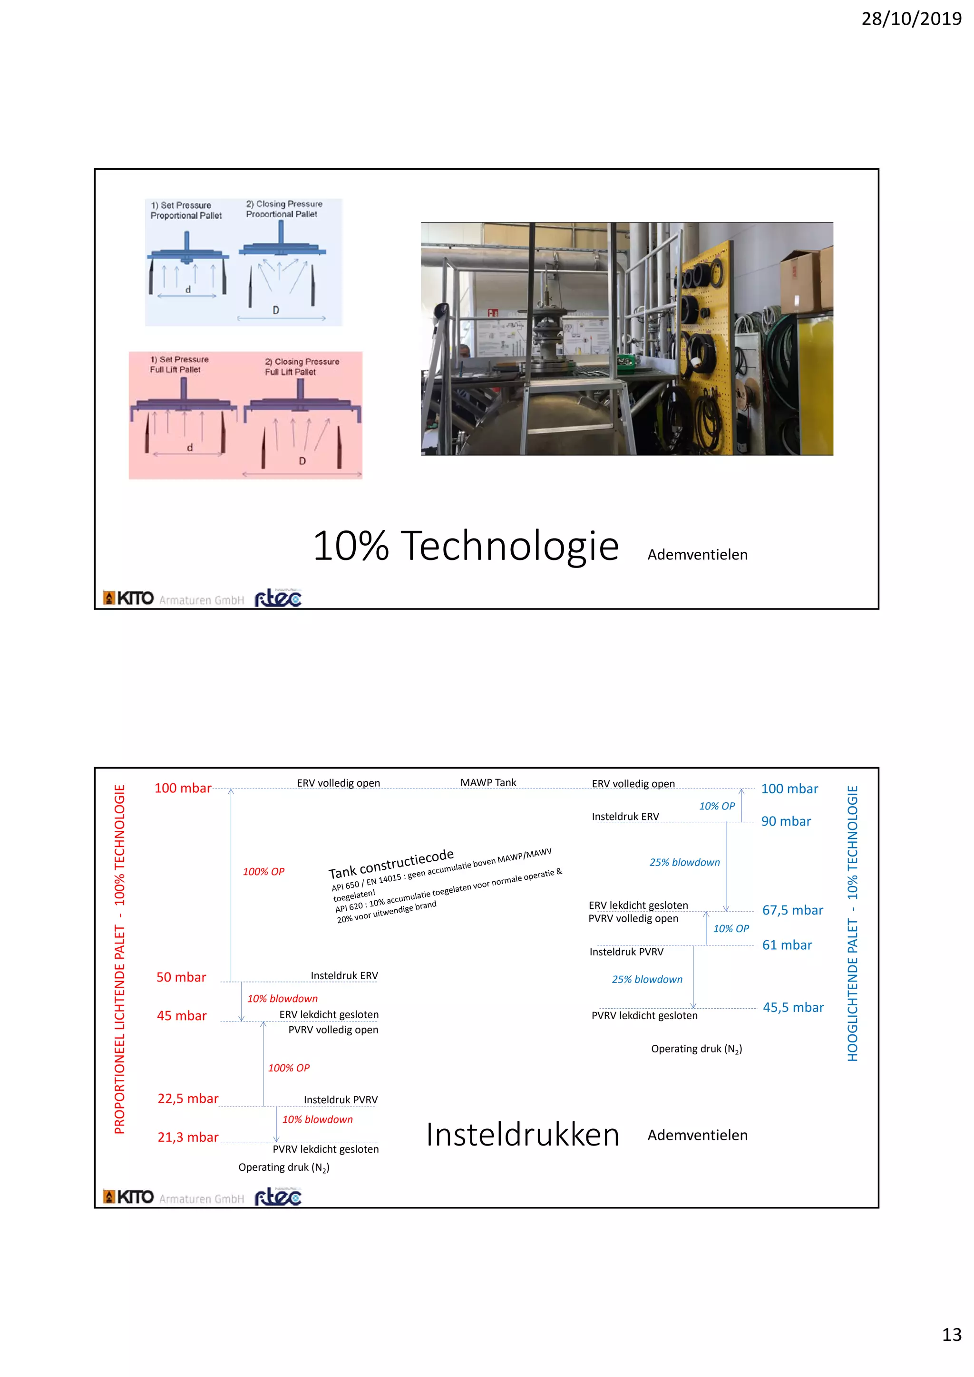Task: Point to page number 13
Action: [951, 1334]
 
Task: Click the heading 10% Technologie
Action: [465, 546]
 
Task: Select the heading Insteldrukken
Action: [522, 1135]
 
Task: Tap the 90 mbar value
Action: [786, 821]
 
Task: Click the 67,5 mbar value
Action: [792, 910]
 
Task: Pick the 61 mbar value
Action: [787, 944]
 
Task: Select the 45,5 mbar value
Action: [793, 1007]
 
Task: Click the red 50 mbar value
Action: [181, 977]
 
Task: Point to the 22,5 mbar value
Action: [188, 1098]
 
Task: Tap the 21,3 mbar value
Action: [188, 1137]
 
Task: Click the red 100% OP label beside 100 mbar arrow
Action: [263, 871]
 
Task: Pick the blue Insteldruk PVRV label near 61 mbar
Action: [626, 952]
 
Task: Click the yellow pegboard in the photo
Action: [705, 348]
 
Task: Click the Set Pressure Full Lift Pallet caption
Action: [179, 364]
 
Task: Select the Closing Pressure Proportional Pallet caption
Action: [284, 209]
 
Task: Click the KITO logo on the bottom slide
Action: [129, 1196]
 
